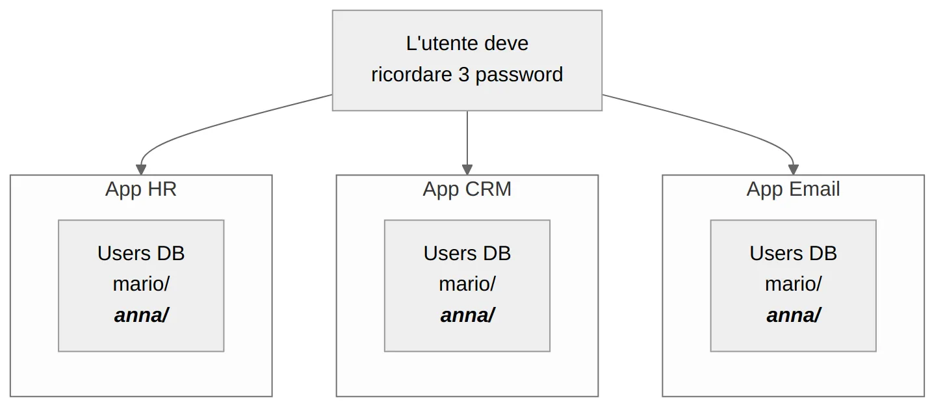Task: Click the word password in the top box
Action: [x=519, y=75]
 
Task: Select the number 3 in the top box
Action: [x=463, y=75]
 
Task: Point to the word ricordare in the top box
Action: [x=411, y=75]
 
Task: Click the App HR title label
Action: [x=141, y=189]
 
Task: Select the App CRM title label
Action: [x=467, y=189]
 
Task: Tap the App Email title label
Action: [x=793, y=189]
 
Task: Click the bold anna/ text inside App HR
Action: [x=141, y=315]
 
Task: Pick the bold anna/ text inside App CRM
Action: [x=467, y=315]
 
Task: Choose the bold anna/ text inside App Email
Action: [x=793, y=315]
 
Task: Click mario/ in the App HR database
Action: [x=141, y=284]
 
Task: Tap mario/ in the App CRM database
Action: [x=467, y=284]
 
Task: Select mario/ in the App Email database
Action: [x=793, y=284]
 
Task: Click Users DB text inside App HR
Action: [x=141, y=253]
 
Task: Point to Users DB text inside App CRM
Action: [x=467, y=253]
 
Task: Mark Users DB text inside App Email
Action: [x=793, y=253]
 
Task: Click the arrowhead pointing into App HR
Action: [x=141, y=170]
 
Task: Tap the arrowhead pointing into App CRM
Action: [x=467, y=170]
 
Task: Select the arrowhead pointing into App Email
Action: [x=793, y=170]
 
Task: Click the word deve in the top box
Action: [x=507, y=44]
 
